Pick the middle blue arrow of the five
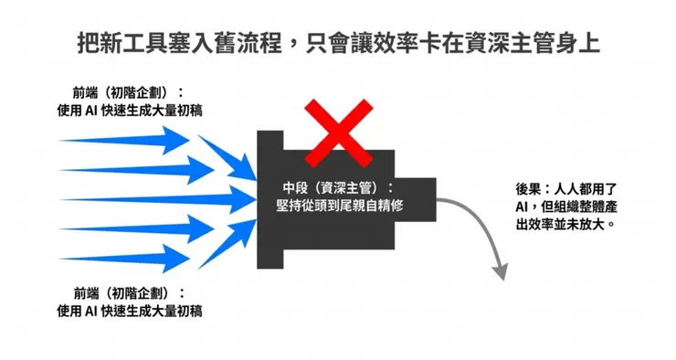(x=146, y=196)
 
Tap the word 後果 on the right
(x=529, y=189)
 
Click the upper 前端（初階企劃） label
(x=129, y=92)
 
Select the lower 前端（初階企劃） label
(x=129, y=292)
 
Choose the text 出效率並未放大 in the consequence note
(x=562, y=224)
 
